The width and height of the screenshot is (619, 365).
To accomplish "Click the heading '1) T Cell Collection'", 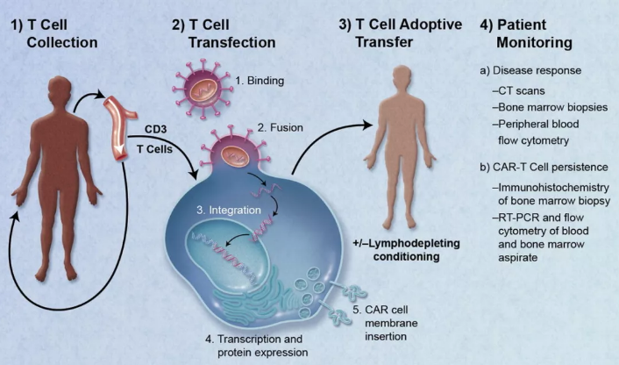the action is tap(54, 33).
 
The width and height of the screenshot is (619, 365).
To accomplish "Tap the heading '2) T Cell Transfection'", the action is tap(224, 33).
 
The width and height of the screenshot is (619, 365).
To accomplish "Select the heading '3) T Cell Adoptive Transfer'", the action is tap(401, 32).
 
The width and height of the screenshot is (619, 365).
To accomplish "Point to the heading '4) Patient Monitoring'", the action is tap(526, 33).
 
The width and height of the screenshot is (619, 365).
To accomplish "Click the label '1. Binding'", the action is tap(260, 81).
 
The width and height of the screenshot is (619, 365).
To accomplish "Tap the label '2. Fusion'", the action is tap(281, 127).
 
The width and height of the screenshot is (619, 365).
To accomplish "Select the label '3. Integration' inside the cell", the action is tap(229, 210).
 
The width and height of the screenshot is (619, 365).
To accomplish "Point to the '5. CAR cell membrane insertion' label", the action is tap(385, 323).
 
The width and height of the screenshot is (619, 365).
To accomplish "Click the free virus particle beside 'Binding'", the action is tap(202, 89).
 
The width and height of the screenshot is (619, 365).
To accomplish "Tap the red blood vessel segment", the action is tap(119, 127).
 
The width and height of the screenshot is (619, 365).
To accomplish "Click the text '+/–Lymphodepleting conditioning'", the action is tap(406, 250).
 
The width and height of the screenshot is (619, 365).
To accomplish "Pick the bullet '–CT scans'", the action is tap(518, 91).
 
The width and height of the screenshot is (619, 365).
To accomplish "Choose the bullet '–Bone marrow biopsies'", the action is tap(550, 107).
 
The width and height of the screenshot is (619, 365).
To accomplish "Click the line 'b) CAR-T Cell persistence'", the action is tap(544, 167).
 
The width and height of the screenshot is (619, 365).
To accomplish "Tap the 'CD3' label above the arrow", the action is tap(155, 129).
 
